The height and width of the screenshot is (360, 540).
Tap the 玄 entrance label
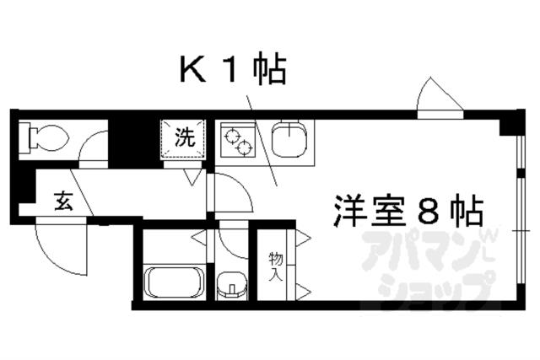pyautogui.click(x=64, y=201)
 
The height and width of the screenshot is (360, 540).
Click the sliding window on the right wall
pyautogui.click(x=516, y=211)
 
